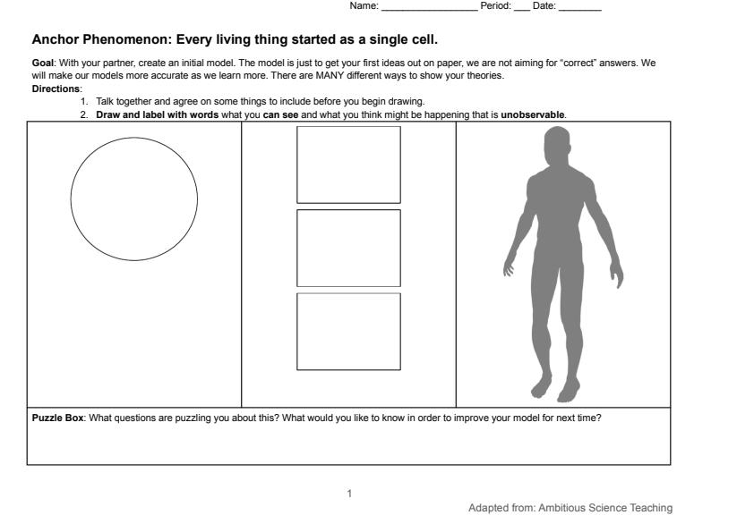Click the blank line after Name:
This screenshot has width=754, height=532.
[430, 10]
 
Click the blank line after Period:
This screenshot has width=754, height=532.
[522, 10]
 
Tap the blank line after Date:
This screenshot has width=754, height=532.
[580, 10]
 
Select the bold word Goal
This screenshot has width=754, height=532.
[43, 63]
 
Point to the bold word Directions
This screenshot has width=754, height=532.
[56, 89]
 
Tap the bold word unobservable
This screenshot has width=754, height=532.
[533, 114]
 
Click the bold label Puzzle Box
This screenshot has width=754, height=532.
[57, 418]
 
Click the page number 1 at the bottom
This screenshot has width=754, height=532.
[349, 494]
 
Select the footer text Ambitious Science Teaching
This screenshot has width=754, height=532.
[605, 508]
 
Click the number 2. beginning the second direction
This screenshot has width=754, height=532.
[85, 114]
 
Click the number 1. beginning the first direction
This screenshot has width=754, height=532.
[85, 101]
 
